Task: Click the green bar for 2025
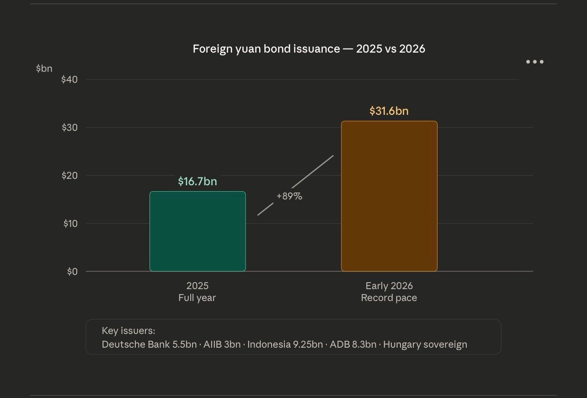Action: (x=197, y=231)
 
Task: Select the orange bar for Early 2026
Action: (x=389, y=196)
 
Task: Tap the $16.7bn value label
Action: (x=197, y=182)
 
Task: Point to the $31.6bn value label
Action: (x=389, y=111)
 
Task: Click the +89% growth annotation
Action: (x=289, y=196)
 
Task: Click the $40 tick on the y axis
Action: (x=69, y=80)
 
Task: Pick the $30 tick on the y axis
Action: (x=69, y=128)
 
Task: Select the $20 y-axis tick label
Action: (x=69, y=176)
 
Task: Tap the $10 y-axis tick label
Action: (x=70, y=224)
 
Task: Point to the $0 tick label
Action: (x=72, y=272)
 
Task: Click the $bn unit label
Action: (x=44, y=69)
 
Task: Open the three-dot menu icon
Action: (x=534, y=62)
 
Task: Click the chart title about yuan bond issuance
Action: (x=309, y=49)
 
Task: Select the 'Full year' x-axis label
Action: (x=197, y=298)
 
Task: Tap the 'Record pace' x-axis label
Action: (x=389, y=298)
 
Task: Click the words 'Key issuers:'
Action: (x=128, y=331)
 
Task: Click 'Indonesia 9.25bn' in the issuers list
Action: (x=285, y=344)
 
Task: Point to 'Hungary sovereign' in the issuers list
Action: (x=425, y=344)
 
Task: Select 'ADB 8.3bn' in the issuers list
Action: (x=353, y=344)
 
